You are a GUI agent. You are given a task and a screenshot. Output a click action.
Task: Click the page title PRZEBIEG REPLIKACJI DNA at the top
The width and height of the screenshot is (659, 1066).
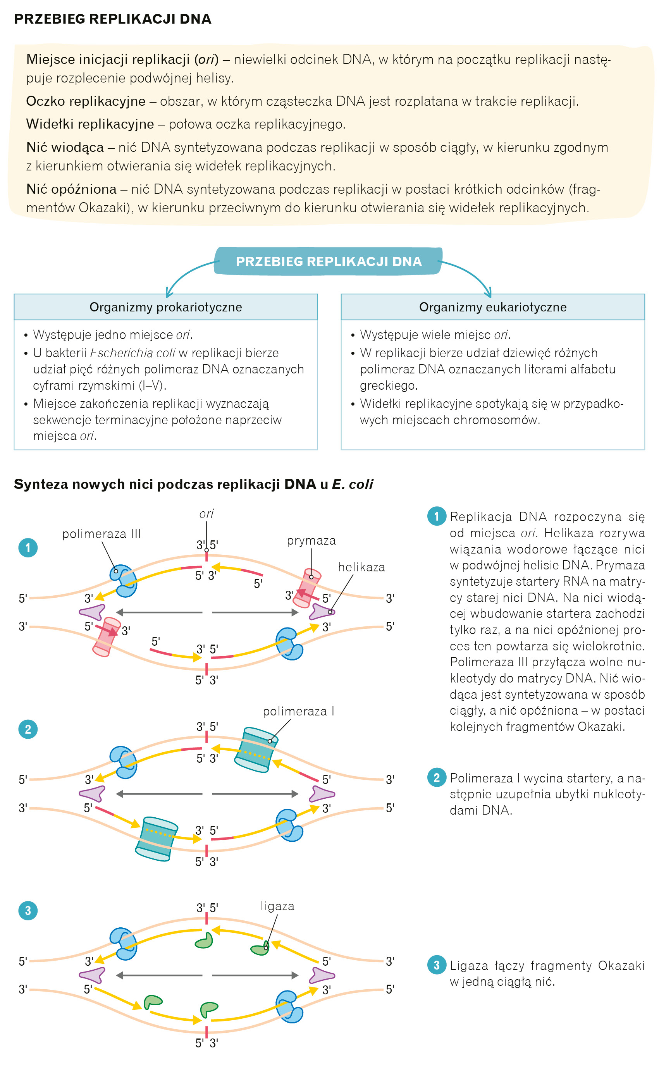pyautogui.click(x=112, y=19)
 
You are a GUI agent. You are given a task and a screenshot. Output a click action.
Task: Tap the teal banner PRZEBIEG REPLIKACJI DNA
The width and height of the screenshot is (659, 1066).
pyautogui.click(x=328, y=261)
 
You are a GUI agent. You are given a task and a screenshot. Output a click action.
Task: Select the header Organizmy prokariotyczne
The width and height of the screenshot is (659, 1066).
pyautogui.click(x=166, y=307)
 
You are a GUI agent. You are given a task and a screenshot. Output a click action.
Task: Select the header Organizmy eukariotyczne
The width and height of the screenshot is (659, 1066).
pyautogui.click(x=492, y=307)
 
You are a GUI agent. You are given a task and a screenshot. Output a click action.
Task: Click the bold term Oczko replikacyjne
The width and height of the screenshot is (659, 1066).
pyautogui.click(x=85, y=101)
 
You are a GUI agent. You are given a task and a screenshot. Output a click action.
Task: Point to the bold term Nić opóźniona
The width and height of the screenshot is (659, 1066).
pyautogui.click(x=71, y=189)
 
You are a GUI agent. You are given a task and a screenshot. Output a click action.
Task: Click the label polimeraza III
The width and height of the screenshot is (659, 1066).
pyautogui.click(x=102, y=534)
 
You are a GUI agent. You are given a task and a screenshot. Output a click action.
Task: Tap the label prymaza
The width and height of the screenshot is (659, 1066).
pyautogui.click(x=311, y=541)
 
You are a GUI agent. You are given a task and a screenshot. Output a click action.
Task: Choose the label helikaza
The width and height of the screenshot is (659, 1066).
pyautogui.click(x=361, y=567)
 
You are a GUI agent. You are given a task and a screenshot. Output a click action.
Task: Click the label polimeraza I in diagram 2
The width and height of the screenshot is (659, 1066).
pyautogui.click(x=298, y=712)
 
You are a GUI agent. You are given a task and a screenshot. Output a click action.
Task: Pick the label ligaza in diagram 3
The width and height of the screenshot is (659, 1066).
pyautogui.click(x=277, y=906)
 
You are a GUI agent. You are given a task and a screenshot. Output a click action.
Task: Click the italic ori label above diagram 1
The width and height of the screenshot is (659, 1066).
pyautogui.click(x=206, y=514)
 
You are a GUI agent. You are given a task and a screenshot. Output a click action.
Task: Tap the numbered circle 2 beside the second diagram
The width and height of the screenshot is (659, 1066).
pyautogui.click(x=28, y=729)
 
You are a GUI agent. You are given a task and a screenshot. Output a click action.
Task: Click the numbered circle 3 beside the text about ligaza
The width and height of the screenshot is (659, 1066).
pyautogui.click(x=436, y=965)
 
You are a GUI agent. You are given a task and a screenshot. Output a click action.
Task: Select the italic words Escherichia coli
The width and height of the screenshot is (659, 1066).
pyautogui.click(x=132, y=353)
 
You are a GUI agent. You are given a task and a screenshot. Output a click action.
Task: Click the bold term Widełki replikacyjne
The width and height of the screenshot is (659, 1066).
pyautogui.click(x=90, y=124)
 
